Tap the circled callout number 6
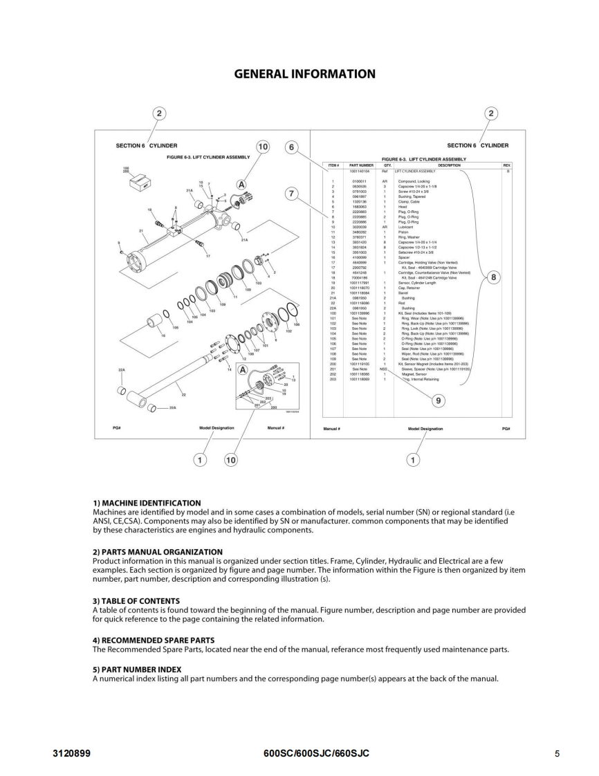coord(292,147)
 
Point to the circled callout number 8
coord(492,277)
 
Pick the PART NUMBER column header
coord(361,165)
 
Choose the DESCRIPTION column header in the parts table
coord(449,165)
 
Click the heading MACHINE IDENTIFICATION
coord(147,503)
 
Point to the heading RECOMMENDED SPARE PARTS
coord(154,640)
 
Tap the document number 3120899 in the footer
coord(73,752)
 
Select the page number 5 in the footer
coord(557,753)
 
